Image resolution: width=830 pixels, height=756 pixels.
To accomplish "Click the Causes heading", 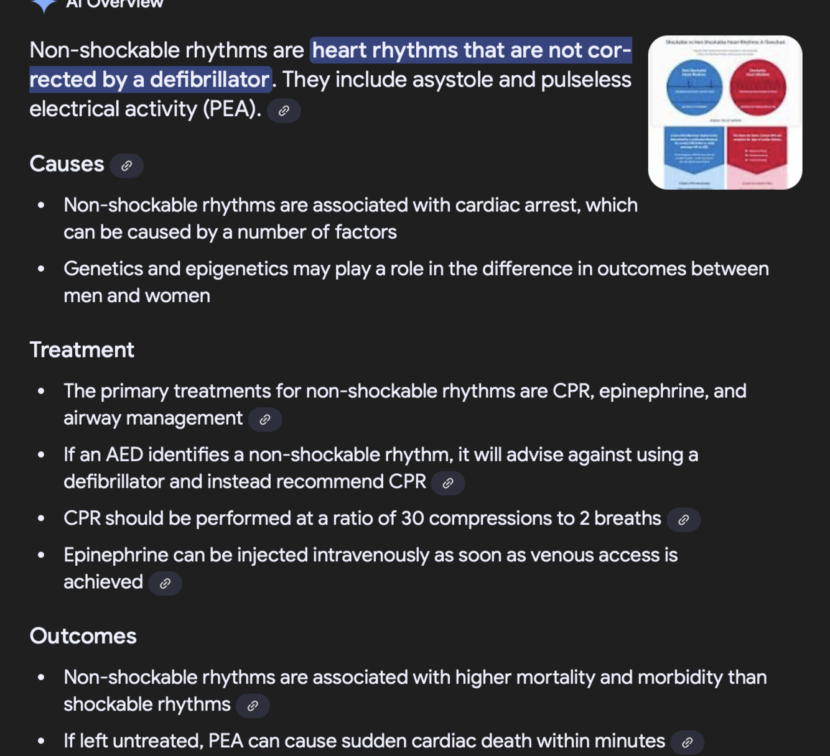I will click(x=67, y=164).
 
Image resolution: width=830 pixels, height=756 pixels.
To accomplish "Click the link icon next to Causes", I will click(x=127, y=166).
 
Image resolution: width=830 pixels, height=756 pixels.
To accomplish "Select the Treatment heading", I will click(x=82, y=350).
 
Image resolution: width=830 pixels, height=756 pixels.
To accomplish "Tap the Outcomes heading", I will click(x=83, y=636).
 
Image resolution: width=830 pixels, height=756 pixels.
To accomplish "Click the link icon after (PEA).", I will click(x=284, y=111).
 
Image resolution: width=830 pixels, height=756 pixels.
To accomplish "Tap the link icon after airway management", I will click(x=265, y=420).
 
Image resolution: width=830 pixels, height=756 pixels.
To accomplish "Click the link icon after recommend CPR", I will click(x=448, y=483).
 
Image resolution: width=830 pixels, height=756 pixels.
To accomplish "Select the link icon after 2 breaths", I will click(x=683, y=520).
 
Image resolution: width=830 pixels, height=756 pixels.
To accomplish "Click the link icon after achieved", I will click(x=166, y=583).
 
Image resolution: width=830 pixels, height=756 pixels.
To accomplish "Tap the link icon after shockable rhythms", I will click(x=253, y=706).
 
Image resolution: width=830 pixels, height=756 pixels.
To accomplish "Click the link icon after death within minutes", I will click(x=688, y=742).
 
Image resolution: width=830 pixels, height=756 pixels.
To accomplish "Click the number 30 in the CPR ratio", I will click(x=412, y=518).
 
